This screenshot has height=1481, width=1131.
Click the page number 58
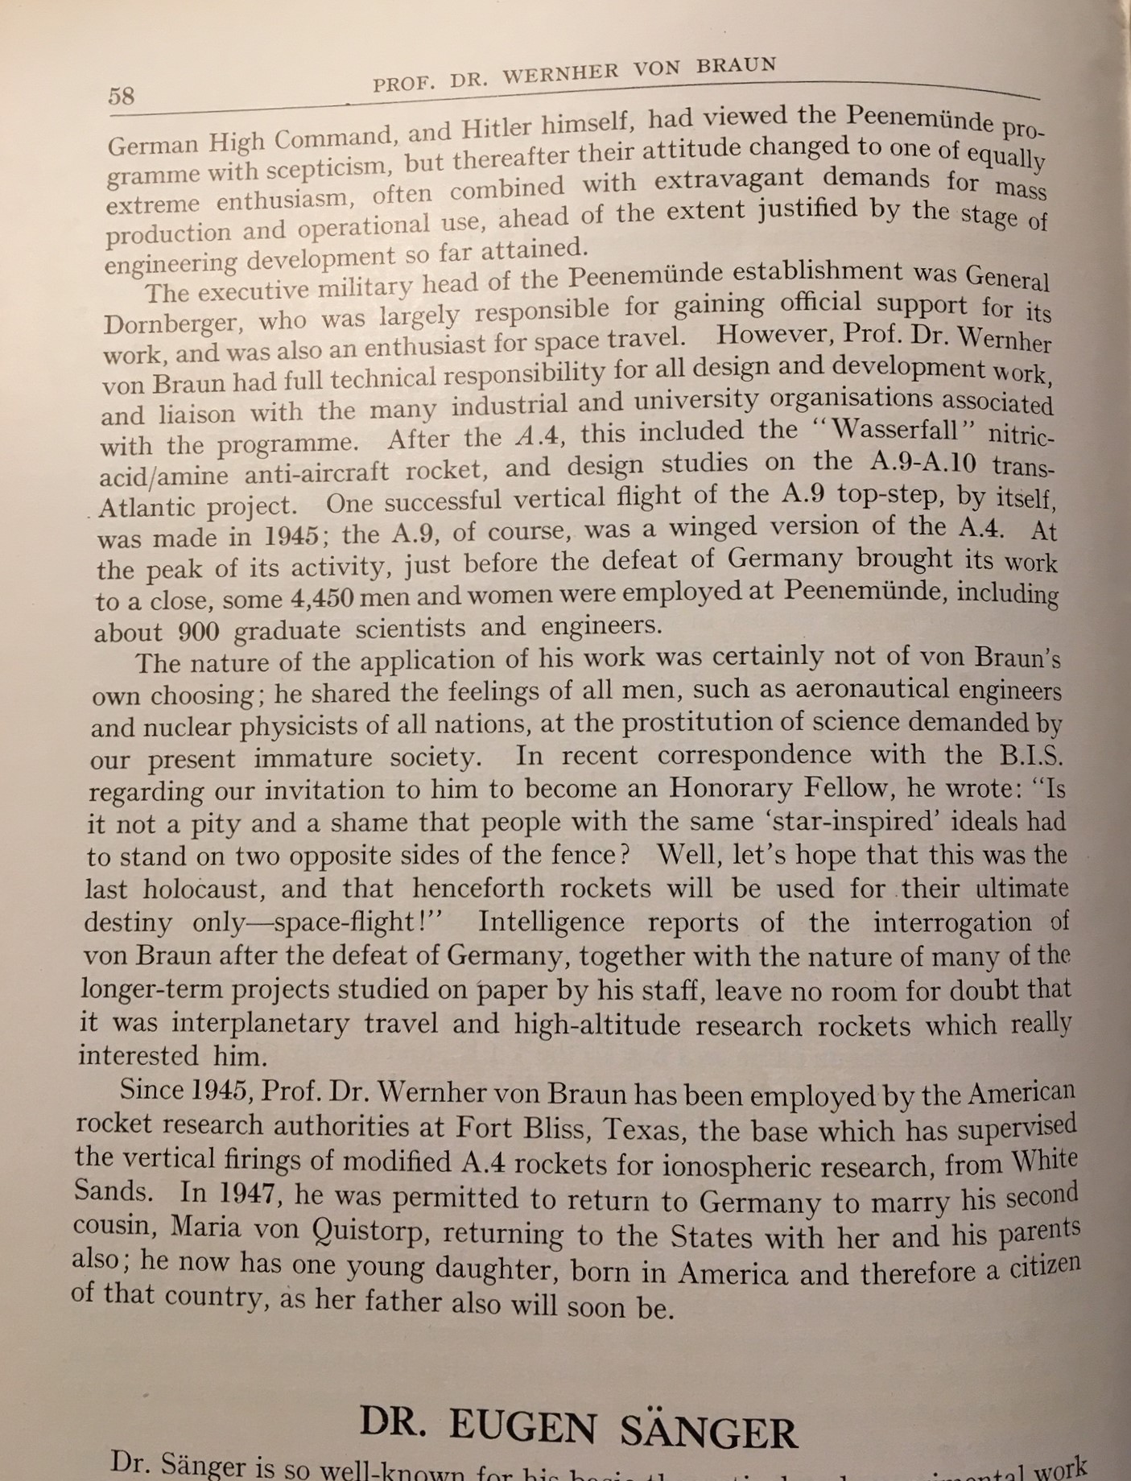pos(121,97)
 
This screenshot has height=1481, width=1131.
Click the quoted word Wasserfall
pos(895,429)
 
